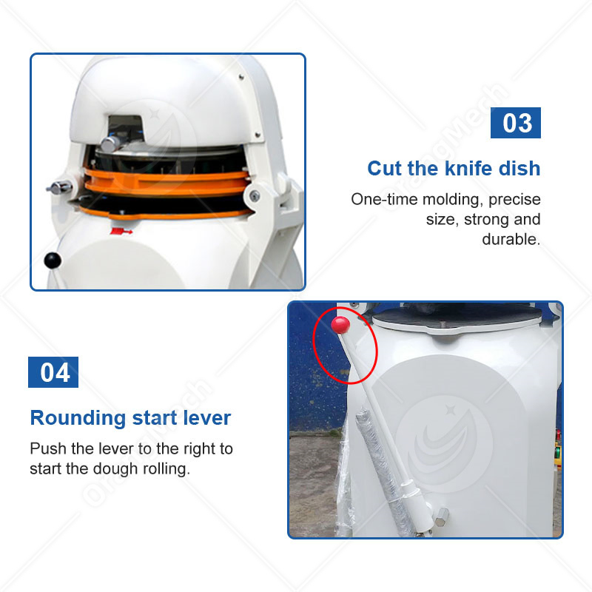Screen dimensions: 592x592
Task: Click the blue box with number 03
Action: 516,123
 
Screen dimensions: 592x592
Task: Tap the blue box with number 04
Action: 53,372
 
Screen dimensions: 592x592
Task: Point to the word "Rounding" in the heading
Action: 78,418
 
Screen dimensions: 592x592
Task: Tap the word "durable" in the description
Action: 511,239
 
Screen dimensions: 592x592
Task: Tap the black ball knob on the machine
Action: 52,259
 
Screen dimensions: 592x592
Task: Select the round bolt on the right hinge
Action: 254,196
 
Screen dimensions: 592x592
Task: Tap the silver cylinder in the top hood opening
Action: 112,143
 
